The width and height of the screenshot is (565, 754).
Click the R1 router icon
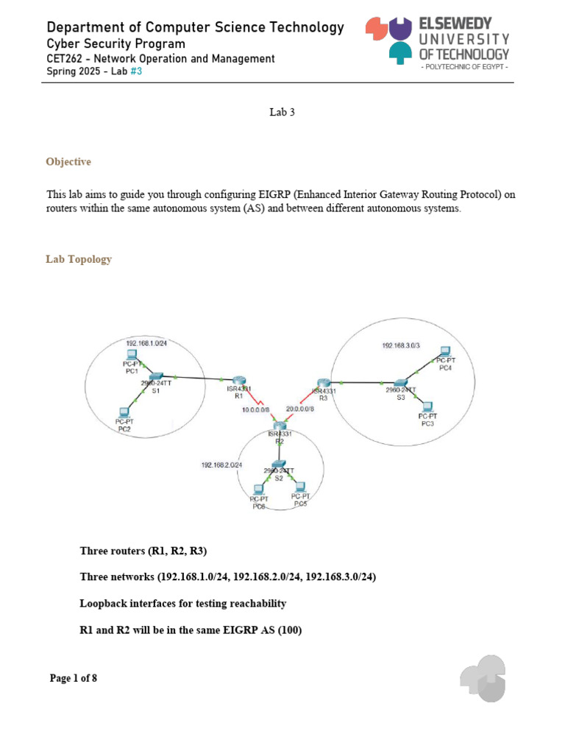238,380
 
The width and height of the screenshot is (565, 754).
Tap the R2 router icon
280,425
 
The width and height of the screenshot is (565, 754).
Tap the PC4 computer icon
444,352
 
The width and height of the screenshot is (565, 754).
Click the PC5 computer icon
299,486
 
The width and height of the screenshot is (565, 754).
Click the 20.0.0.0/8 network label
300,409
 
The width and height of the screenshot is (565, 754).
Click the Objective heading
68,161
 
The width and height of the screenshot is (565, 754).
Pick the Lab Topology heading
79,259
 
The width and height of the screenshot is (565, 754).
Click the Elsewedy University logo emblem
389,38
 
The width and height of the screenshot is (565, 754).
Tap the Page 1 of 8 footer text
74,678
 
